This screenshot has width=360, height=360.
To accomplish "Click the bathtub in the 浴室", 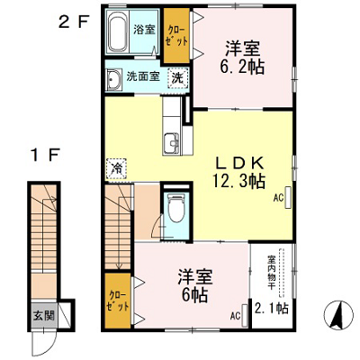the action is click(x=118, y=31).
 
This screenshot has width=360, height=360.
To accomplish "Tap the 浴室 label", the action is click(x=144, y=30).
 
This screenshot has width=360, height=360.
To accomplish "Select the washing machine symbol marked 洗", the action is click(x=177, y=78).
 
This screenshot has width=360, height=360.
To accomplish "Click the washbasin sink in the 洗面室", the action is click(x=113, y=79).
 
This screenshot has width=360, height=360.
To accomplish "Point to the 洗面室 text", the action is click(x=143, y=76).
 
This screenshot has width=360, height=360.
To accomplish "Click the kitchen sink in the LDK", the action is click(x=171, y=143).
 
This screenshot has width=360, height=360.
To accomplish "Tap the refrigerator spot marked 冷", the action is click(x=116, y=168).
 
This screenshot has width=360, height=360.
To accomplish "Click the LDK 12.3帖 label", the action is click(x=239, y=172).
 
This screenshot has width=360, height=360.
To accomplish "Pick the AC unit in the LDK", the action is click(x=288, y=198).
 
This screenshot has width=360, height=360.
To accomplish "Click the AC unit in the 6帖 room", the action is click(x=245, y=316).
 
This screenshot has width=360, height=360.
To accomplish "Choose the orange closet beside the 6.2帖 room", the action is click(x=176, y=35).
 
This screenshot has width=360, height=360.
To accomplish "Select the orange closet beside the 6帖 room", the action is click(x=118, y=301).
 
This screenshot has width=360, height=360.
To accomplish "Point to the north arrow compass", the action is click(x=338, y=314).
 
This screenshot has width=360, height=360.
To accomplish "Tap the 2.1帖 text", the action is click(x=272, y=308).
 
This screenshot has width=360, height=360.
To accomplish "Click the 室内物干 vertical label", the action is click(x=272, y=273).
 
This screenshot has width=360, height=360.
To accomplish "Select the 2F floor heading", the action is click(x=74, y=22).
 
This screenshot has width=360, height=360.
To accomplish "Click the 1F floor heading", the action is click(x=45, y=156).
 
